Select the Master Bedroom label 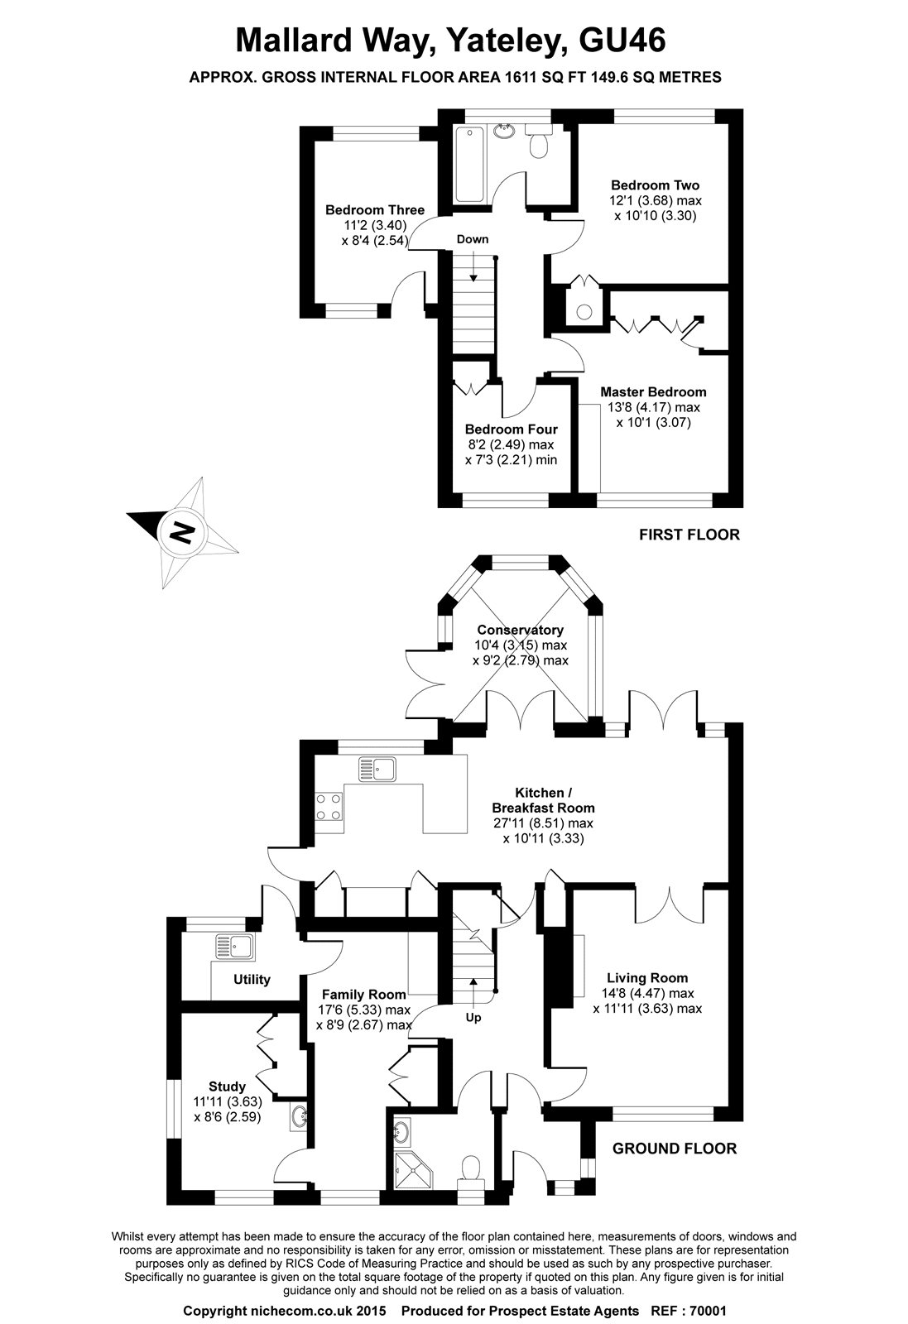(x=653, y=391)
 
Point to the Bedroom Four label (x=511, y=429)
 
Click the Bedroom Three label (x=374, y=209)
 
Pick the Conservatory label (x=521, y=630)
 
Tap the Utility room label (x=252, y=980)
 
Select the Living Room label (x=646, y=977)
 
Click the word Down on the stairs (x=473, y=239)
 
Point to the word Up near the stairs (x=473, y=1017)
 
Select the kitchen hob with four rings (x=329, y=805)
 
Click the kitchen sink (x=377, y=769)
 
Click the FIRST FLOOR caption (x=689, y=535)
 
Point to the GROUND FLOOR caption (x=674, y=1148)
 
